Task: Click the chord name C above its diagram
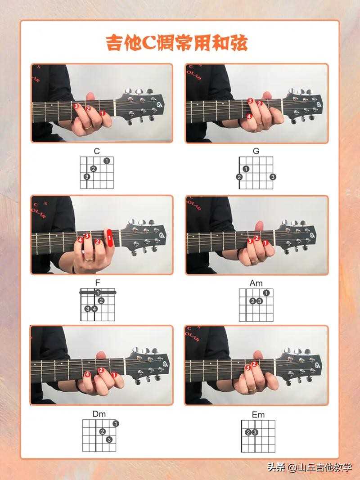(97, 151)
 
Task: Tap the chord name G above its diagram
(256, 151)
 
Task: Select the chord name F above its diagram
(98, 283)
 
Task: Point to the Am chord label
(256, 283)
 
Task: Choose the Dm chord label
(99, 414)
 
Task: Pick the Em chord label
(258, 415)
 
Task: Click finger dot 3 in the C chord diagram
(87, 177)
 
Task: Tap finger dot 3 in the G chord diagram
(273, 177)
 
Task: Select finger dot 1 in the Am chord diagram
(266, 293)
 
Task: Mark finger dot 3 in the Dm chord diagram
(109, 440)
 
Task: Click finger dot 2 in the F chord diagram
(101, 301)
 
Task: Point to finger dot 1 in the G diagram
(246, 169)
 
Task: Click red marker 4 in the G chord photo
(249, 117)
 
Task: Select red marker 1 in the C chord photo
(102, 113)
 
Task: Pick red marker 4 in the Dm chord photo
(88, 374)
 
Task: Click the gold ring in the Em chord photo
(252, 389)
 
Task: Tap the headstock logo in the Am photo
(311, 236)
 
